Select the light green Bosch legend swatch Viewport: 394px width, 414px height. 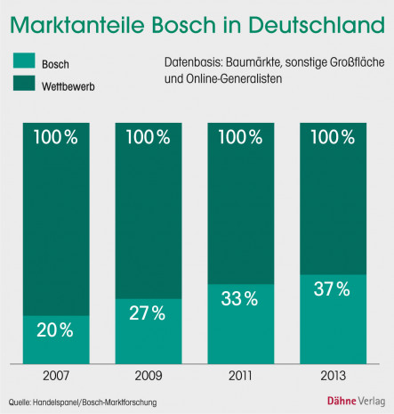coord(23,63)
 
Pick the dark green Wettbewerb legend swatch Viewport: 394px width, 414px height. coord(23,87)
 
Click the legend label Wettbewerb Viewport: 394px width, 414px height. coord(71,87)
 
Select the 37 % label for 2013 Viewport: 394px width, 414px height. coord(331,288)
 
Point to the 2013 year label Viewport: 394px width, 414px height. coord(331,376)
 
